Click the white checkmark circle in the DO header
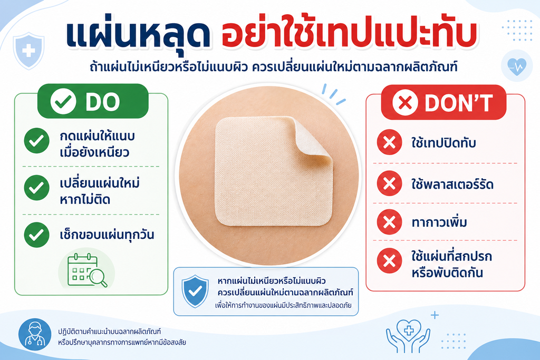(x=63, y=101)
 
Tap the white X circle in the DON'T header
(x=406, y=102)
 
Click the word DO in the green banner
(x=102, y=102)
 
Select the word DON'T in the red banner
(x=459, y=103)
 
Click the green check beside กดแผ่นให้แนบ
(x=36, y=140)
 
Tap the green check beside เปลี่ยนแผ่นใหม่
(x=36, y=188)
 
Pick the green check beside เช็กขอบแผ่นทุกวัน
(x=36, y=235)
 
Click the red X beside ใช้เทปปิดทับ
(x=389, y=142)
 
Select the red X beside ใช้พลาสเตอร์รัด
(x=389, y=183)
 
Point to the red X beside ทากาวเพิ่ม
(x=389, y=222)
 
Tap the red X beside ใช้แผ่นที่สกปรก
(x=389, y=260)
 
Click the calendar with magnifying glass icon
(x=87, y=271)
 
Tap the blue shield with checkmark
(x=195, y=291)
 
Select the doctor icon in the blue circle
(x=35, y=335)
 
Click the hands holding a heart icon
(x=408, y=336)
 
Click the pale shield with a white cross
(x=28, y=51)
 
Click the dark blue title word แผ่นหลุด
(x=138, y=35)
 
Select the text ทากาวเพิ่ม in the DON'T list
(x=439, y=222)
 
